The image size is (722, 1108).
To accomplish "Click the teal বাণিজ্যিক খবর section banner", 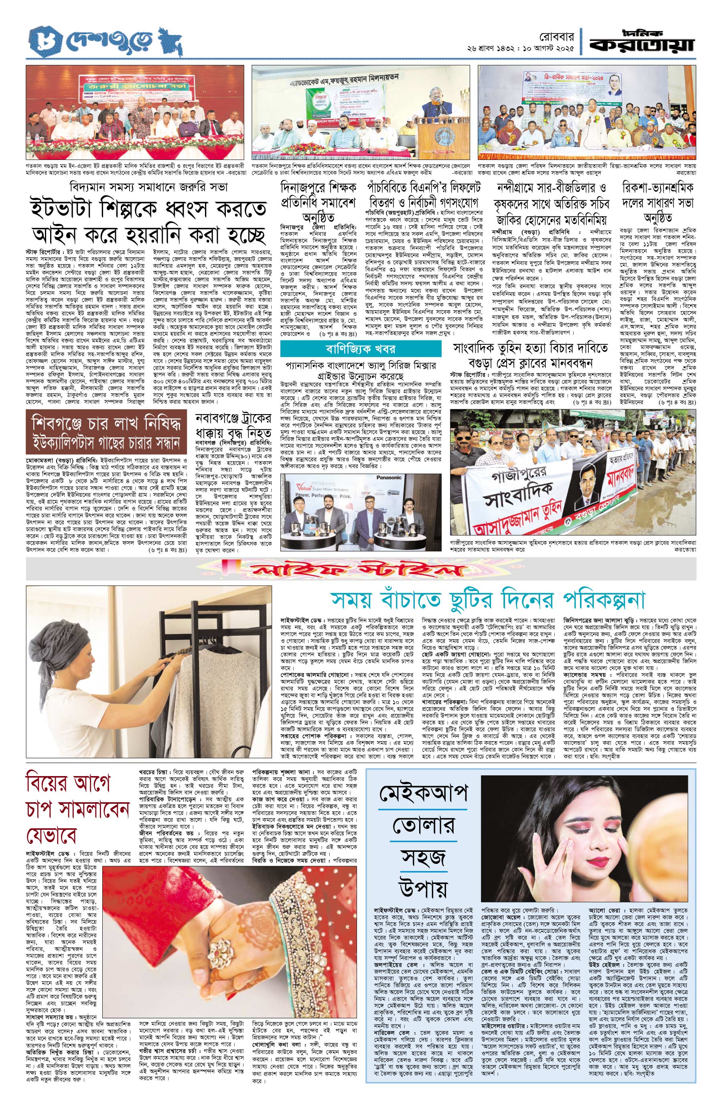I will [x=361, y=349].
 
